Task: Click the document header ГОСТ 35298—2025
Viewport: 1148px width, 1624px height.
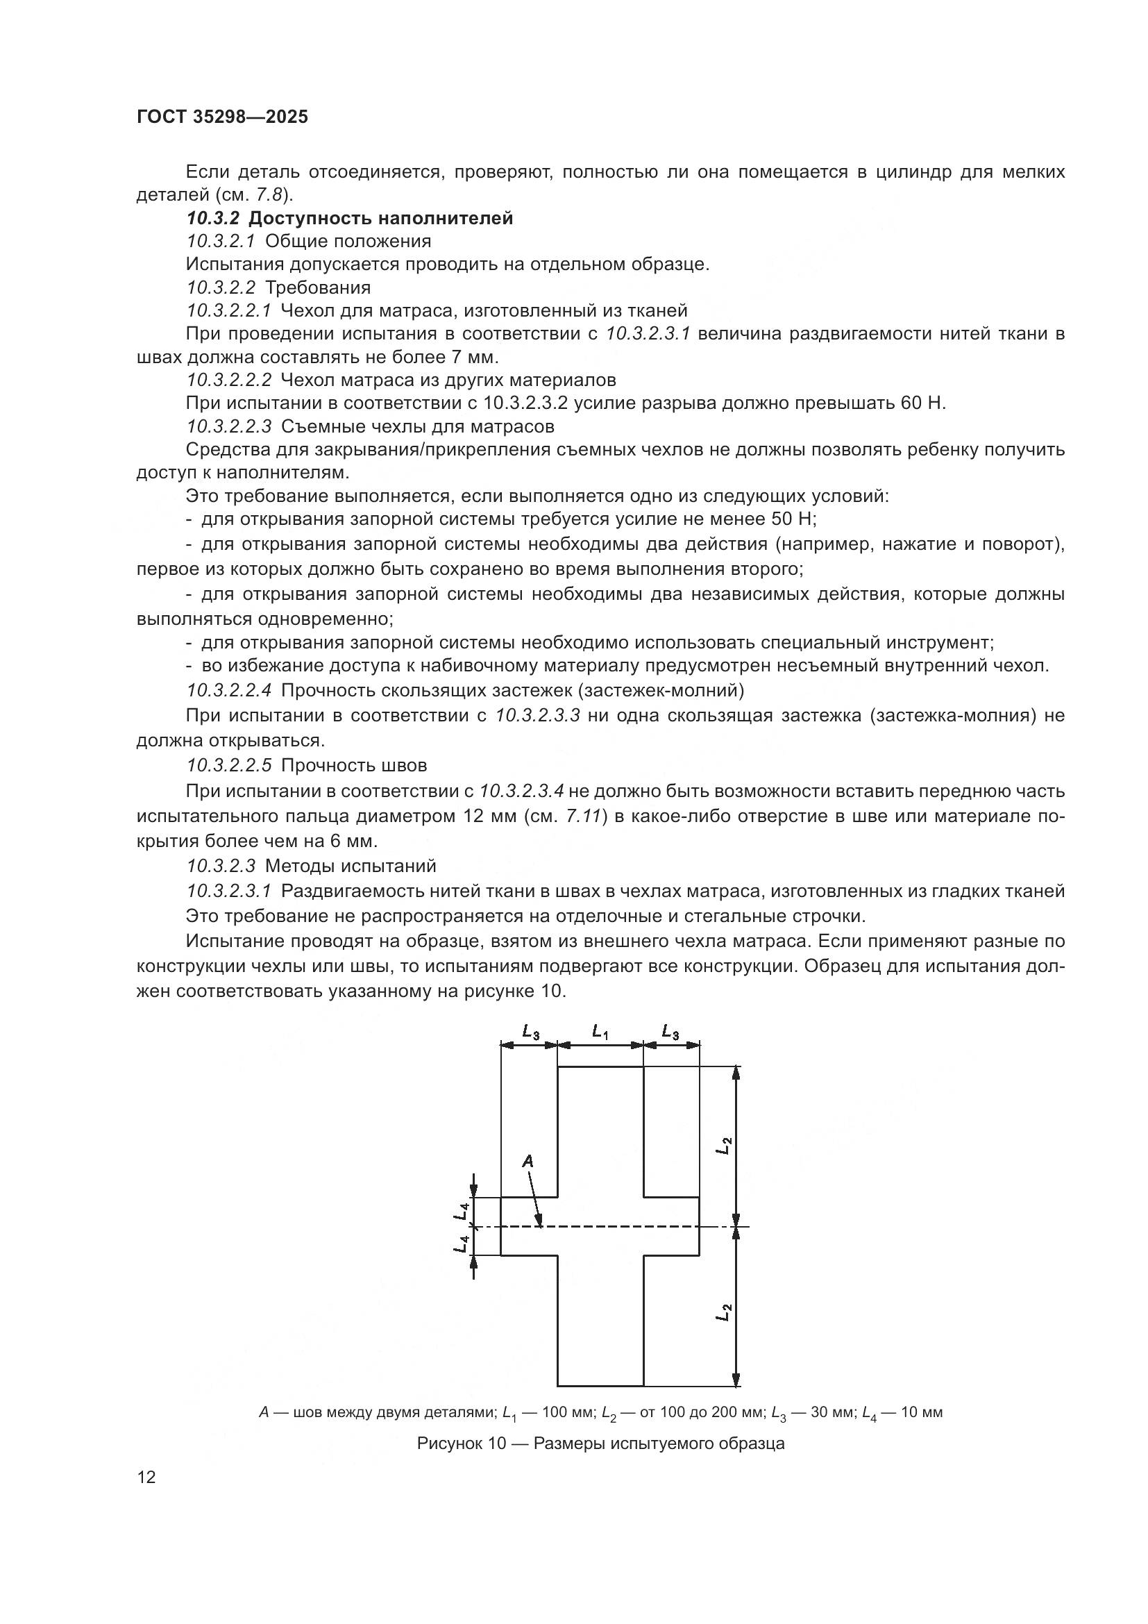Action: coord(222,117)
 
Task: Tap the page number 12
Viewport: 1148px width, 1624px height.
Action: coord(146,1477)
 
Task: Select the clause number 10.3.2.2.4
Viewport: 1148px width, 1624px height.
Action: coord(229,689)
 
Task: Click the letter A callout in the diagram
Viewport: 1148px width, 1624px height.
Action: coord(527,1161)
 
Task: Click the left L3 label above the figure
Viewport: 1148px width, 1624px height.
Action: coord(530,1032)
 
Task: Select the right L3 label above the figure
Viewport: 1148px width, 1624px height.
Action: coord(670,1032)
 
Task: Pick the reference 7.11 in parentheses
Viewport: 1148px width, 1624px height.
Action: coord(583,816)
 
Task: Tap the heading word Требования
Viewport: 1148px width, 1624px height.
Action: coord(317,287)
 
